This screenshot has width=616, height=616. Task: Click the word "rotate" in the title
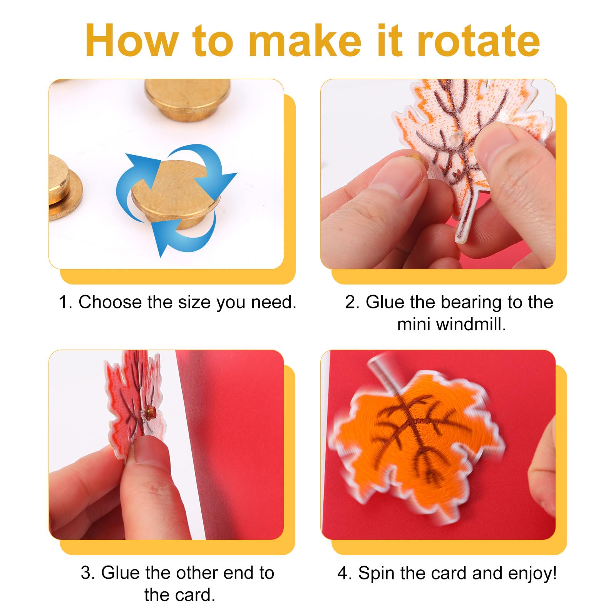(478, 40)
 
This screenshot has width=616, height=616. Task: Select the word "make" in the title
(305, 40)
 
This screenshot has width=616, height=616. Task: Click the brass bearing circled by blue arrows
(176, 194)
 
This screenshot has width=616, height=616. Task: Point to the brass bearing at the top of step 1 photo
(187, 98)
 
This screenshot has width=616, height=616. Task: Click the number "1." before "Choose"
(65, 302)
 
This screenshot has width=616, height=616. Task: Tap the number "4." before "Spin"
(345, 573)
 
